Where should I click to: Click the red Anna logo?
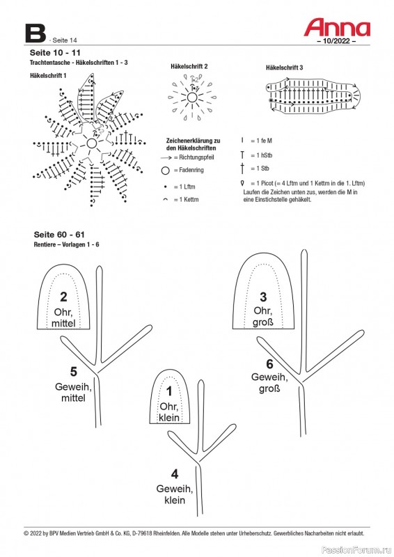pos(337,28)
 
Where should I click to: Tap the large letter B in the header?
pos(36,33)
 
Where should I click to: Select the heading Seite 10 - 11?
pos(55,53)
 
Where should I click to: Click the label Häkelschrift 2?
pos(189,66)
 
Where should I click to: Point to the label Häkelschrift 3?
pos(284,68)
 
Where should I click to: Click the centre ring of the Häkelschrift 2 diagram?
pos(192,97)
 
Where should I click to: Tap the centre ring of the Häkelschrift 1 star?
pos(91,143)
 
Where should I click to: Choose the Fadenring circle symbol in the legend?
pos(165,171)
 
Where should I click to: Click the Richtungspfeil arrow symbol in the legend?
pos(166,158)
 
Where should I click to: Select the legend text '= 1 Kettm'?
pos(186,200)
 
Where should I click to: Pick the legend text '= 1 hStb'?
pos(262,155)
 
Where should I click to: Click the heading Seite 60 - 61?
pos(59,235)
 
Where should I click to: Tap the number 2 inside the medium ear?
pos(63,297)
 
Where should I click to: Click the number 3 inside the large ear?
pos(263,297)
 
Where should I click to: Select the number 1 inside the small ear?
pos(169,391)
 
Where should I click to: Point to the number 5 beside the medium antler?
pos(73,372)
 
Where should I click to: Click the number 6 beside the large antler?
pos(269,364)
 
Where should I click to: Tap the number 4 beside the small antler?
pos(175,474)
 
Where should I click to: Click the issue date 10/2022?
pos(336,41)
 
